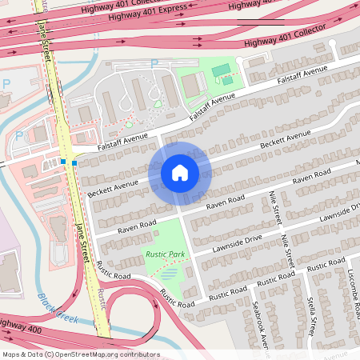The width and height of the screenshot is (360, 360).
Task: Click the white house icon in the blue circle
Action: [180, 172]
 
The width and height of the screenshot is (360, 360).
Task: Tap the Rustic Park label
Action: [165, 254]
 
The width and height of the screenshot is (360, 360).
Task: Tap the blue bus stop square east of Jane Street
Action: [74, 163]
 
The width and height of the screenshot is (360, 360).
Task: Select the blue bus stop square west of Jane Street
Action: [62, 162]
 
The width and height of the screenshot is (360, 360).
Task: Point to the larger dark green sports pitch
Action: [220, 70]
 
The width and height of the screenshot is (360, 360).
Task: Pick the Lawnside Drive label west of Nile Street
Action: [238, 244]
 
